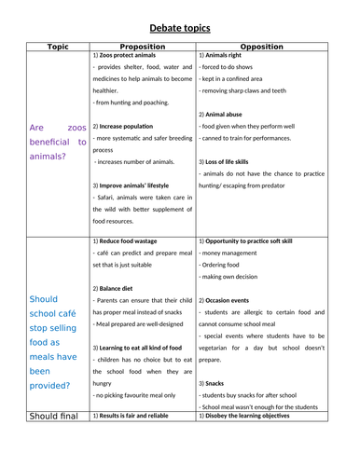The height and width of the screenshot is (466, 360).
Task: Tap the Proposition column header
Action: pyautogui.click(x=143, y=45)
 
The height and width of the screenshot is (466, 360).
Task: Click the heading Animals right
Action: pyautogui.click(x=228, y=55)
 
